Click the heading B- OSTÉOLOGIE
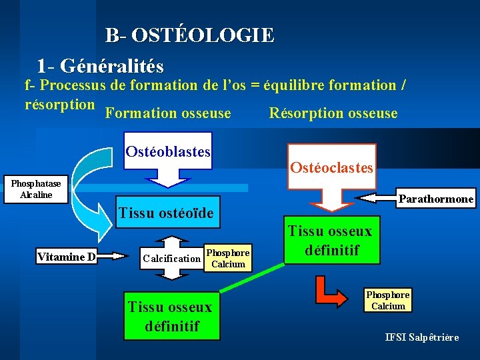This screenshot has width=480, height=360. pos(189,35)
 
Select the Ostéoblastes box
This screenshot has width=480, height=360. pos(168,152)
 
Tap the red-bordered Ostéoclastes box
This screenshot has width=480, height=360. pos(331,167)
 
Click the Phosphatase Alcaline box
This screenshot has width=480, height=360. pos(35,189)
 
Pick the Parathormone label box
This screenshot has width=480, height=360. pos(436,199)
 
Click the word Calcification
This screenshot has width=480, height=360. pos(171,258)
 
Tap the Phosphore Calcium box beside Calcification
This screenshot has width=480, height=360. pos(228,258)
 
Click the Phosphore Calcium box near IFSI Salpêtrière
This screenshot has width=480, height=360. pos(388,300)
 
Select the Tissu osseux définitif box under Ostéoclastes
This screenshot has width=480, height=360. pos(331,241)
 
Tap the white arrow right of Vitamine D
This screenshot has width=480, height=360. pos(113,255)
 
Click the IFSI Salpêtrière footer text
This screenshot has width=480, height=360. pos(421,337)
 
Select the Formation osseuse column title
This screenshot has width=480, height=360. pos(168,113)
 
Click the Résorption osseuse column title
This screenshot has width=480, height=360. pos(333,113)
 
